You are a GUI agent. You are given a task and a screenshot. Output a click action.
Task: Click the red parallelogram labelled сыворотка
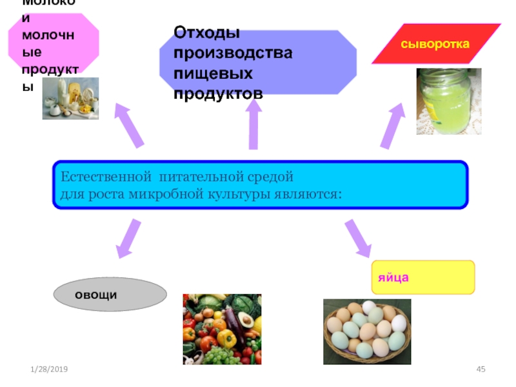click(x=435, y=44)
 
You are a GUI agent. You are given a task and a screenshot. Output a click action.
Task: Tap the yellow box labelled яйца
click(x=422, y=277)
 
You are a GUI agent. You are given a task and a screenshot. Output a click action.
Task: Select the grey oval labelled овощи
click(x=110, y=295)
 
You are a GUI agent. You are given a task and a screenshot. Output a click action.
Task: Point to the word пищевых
click(x=212, y=73)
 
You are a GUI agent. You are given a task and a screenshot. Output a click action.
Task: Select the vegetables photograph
click(x=222, y=329)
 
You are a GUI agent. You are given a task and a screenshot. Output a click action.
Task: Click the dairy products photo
click(x=70, y=98)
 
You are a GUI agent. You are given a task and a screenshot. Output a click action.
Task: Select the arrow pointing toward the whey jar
click(x=392, y=126)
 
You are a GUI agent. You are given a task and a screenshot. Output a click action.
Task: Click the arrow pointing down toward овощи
click(x=128, y=237)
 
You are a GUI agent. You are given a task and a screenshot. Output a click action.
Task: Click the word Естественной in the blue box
click(x=103, y=177)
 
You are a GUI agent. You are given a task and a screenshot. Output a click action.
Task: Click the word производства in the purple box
click(x=232, y=52)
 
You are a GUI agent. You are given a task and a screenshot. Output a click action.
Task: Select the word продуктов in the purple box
click(x=218, y=94)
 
